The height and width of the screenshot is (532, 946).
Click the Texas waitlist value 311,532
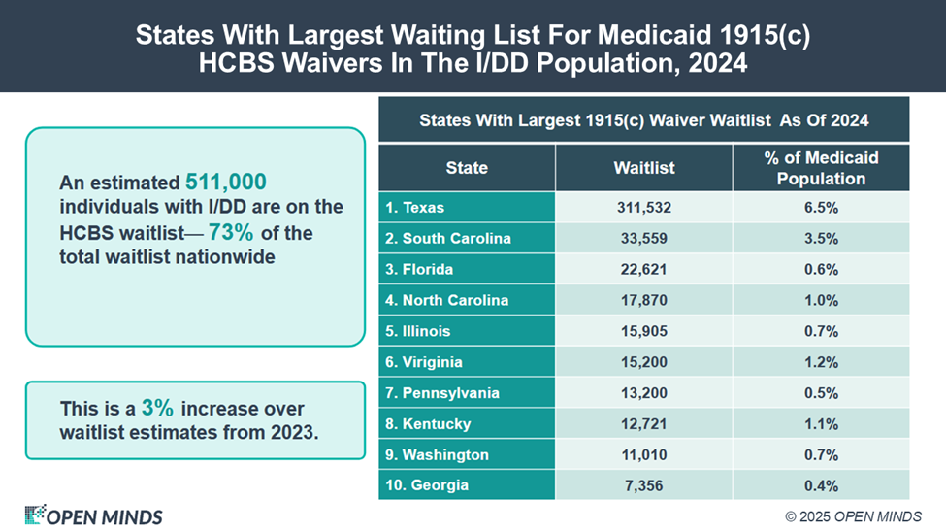tap(644, 208)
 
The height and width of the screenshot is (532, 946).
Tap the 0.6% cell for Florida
tap(821, 270)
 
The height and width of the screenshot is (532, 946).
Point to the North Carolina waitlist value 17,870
tap(644, 300)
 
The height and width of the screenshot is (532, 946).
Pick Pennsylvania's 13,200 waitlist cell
tap(644, 393)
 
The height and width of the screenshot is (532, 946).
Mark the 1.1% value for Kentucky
tap(821, 424)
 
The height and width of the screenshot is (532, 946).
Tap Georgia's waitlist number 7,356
tap(644, 485)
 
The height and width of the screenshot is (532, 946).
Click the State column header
tap(467, 168)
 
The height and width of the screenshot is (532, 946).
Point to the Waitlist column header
tap(644, 168)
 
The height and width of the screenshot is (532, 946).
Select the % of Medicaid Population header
tap(821, 168)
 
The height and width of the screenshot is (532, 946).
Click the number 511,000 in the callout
tap(225, 182)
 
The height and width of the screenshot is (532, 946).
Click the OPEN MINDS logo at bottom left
tap(93, 515)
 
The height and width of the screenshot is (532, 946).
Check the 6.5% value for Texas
tap(821, 208)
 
